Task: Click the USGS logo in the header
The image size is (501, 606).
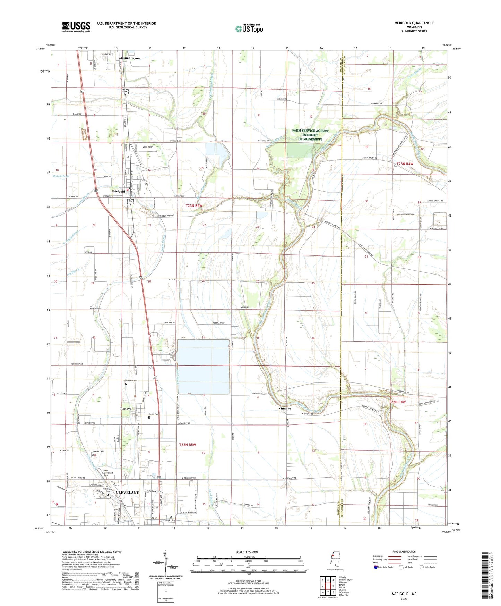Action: [x=76, y=27]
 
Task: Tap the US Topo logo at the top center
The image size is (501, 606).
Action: [x=249, y=28]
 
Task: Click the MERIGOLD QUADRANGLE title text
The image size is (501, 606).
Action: [x=414, y=23]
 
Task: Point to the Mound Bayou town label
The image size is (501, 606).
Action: [x=129, y=58]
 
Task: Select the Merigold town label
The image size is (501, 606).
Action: [x=118, y=192]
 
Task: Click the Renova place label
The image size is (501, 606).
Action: [x=126, y=409]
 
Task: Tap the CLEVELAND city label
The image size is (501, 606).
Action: [x=128, y=493]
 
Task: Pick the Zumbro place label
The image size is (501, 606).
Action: [x=285, y=409]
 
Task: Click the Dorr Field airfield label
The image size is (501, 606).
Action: [x=148, y=147]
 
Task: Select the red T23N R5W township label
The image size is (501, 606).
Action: [x=193, y=206]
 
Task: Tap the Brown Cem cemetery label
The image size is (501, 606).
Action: [x=131, y=381]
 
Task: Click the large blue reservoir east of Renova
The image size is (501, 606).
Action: [x=203, y=366]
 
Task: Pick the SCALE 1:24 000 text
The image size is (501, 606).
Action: [x=247, y=552]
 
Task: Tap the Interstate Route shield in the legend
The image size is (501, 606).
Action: [x=376, y=567]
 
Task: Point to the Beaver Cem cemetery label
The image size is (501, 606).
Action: [x=98, y=452]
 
